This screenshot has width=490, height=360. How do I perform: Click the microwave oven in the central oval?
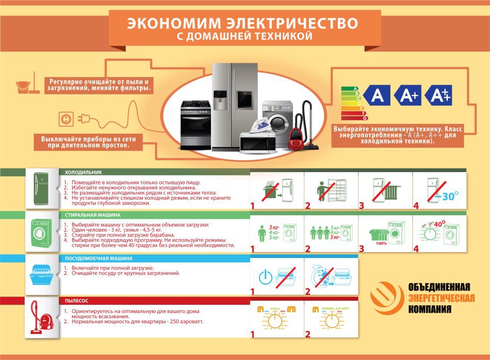[258, 141]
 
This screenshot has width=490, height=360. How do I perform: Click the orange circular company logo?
[386, 298]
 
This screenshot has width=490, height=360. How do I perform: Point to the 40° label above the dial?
[439, 223]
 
